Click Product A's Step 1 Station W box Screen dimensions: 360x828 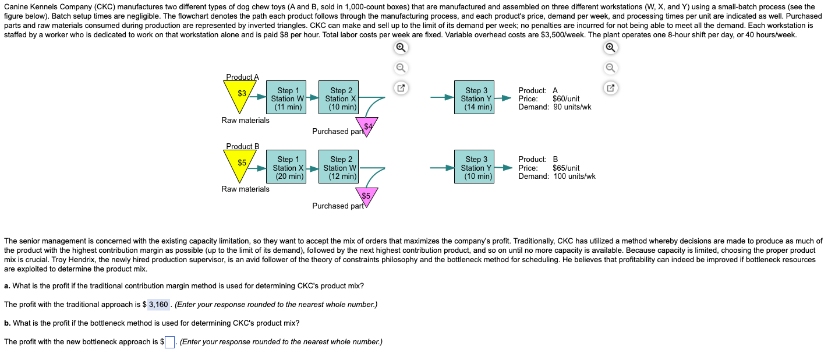click(285, 98)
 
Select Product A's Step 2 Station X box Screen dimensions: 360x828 click(338, 98)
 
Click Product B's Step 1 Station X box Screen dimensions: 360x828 click(285, 167)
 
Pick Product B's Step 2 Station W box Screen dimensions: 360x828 click(338, 167)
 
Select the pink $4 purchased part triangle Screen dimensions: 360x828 click(367, 126)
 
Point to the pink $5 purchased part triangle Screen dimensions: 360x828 click(366, 196)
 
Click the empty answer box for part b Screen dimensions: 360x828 click(170, 342)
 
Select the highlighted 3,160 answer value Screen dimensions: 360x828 click(158, 304)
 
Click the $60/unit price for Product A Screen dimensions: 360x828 click(565, 98)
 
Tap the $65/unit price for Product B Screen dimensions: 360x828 click(565, 168)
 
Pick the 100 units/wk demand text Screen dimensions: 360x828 click(574, 176)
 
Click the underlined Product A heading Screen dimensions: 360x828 click(242, 77)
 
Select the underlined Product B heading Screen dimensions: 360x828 click(242, 146)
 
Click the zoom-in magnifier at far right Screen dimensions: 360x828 click(610, 48)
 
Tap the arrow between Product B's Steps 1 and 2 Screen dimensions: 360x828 click(313, 168)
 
